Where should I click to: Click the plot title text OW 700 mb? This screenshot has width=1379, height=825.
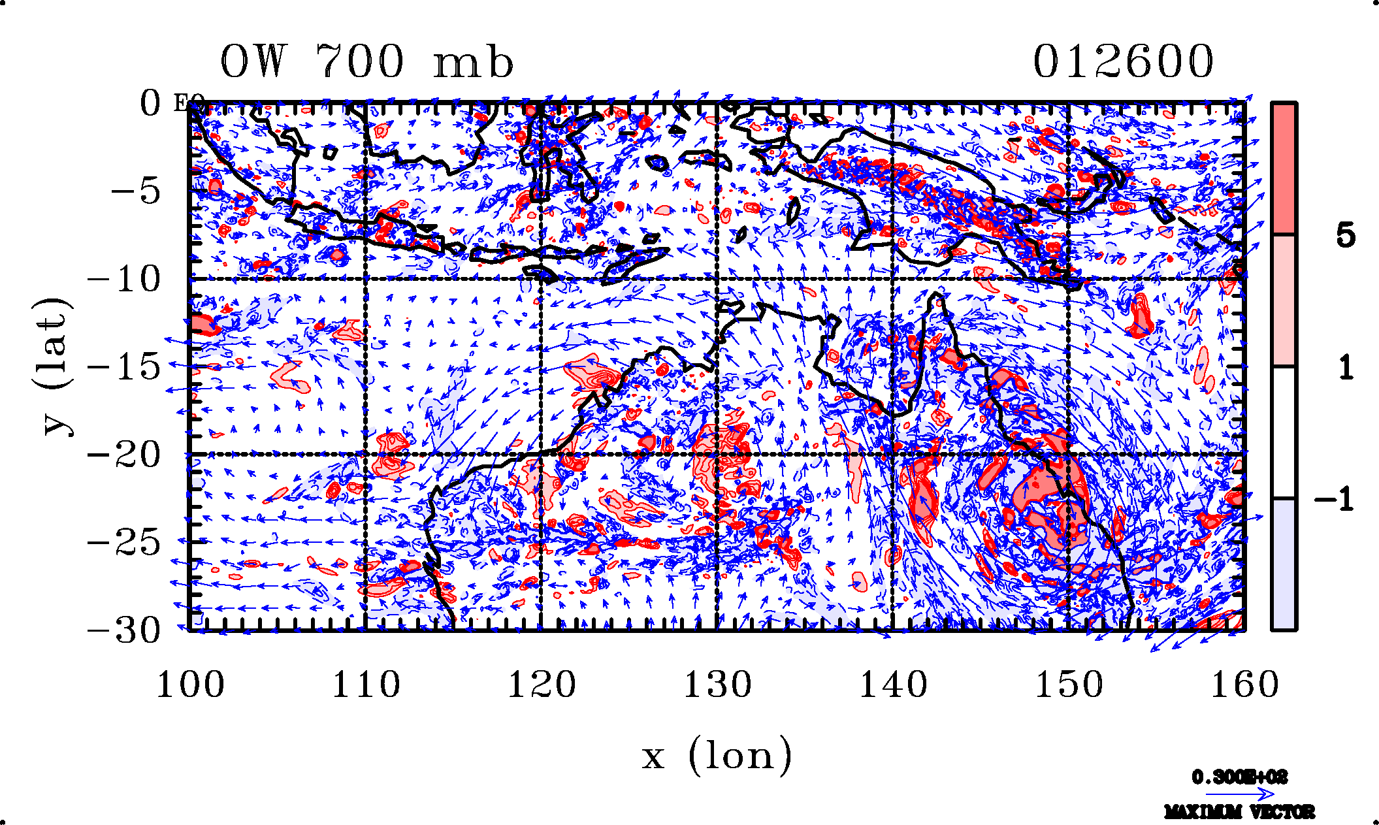366,62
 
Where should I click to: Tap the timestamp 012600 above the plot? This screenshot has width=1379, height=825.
1123,62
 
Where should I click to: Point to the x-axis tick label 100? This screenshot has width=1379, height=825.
190,685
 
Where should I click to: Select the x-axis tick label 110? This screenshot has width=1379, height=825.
366,685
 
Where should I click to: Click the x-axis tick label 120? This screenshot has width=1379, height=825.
542,685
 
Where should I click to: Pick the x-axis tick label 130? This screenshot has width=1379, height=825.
717,685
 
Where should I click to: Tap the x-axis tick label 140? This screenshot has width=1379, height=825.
893,685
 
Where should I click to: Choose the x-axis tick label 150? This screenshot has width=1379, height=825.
1069,685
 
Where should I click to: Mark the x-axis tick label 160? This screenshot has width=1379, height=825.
1244,685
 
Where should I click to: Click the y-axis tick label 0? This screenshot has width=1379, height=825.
150,104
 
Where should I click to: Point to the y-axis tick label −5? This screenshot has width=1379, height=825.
135,191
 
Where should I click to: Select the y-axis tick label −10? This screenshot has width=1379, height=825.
124,280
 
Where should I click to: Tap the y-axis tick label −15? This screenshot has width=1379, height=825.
124,367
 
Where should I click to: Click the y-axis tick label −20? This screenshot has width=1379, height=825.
124,455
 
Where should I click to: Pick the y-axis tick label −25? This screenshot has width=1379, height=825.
124,543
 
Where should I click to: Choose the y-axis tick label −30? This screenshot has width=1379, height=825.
124,630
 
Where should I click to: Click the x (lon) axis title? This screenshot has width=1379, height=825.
717,756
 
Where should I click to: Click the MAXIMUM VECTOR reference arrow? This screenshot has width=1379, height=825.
1239,795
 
